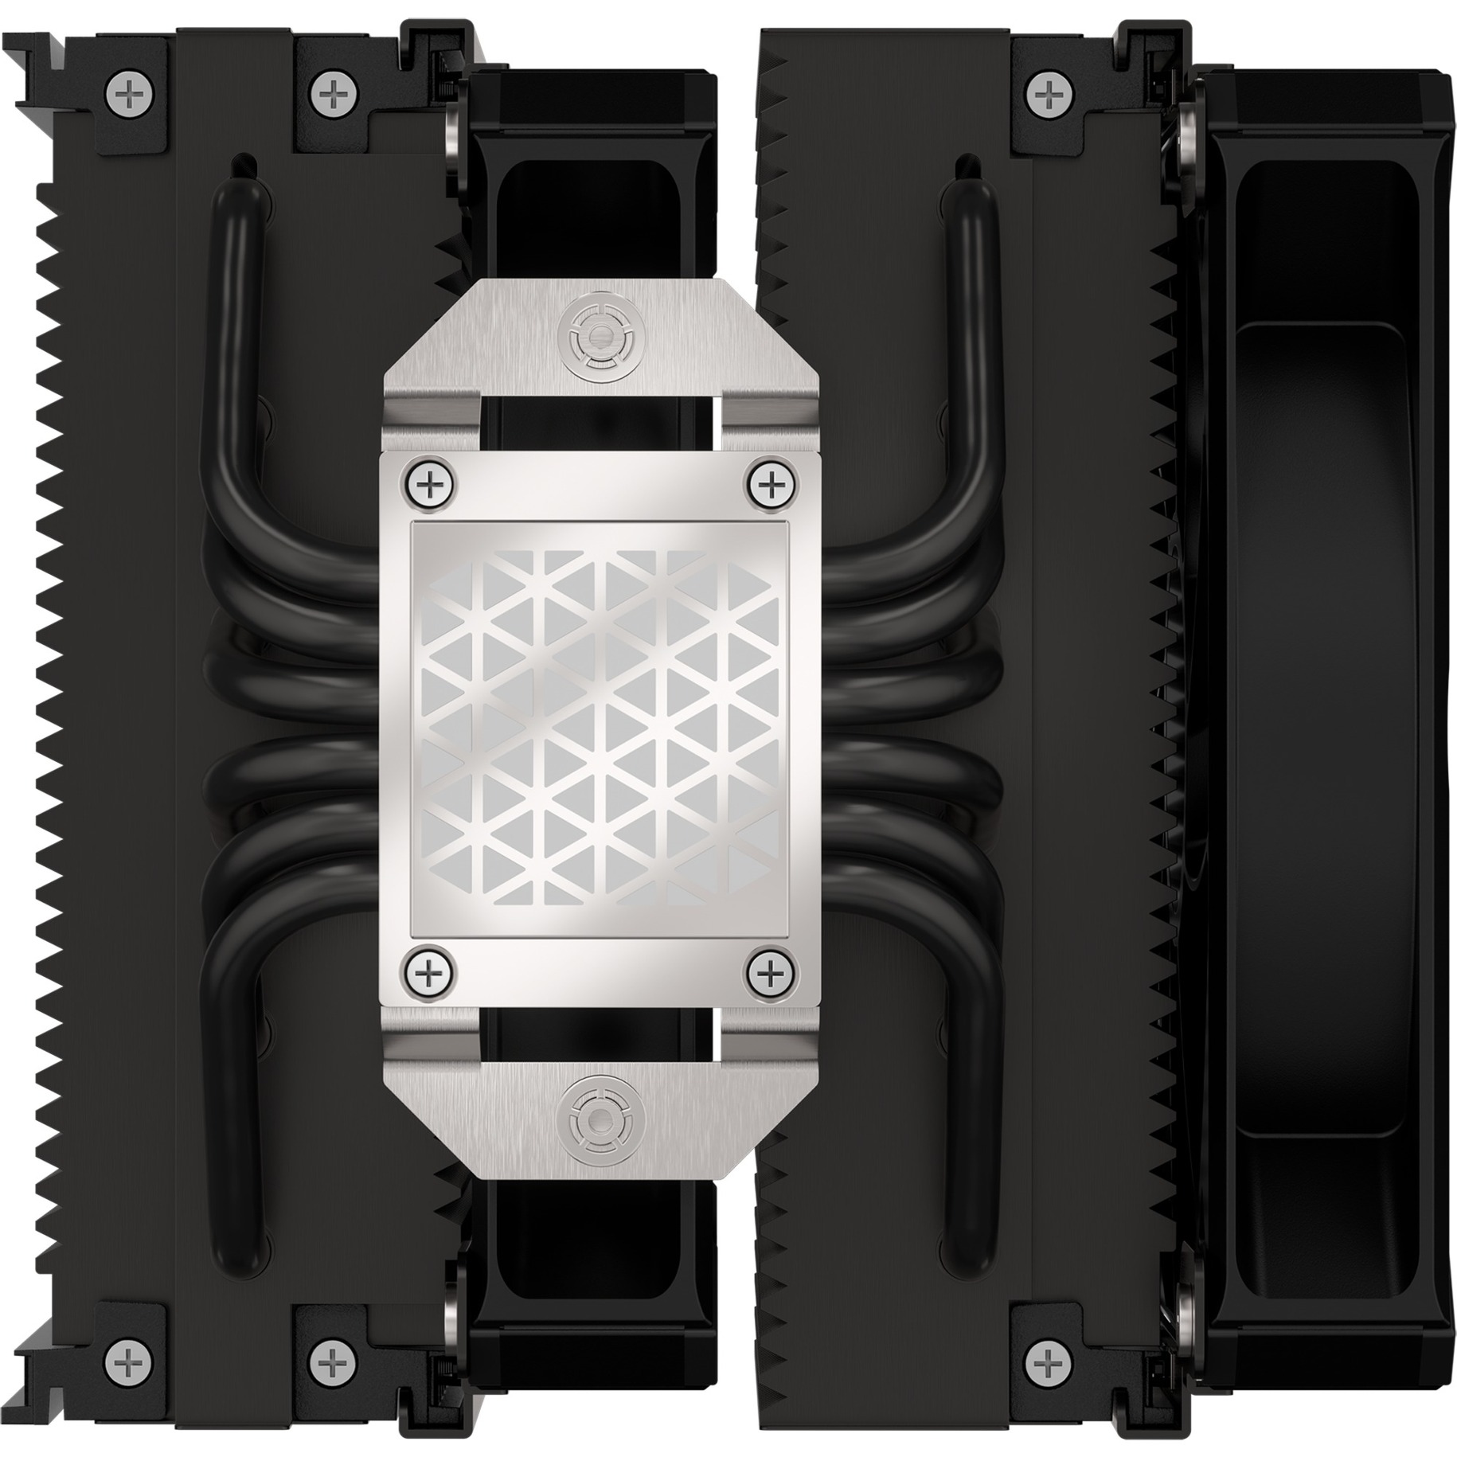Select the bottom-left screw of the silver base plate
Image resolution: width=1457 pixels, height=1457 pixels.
pos(430,972)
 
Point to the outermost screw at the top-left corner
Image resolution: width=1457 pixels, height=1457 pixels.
pos(127,96)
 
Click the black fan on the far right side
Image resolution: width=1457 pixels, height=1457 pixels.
pos(1322,727)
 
